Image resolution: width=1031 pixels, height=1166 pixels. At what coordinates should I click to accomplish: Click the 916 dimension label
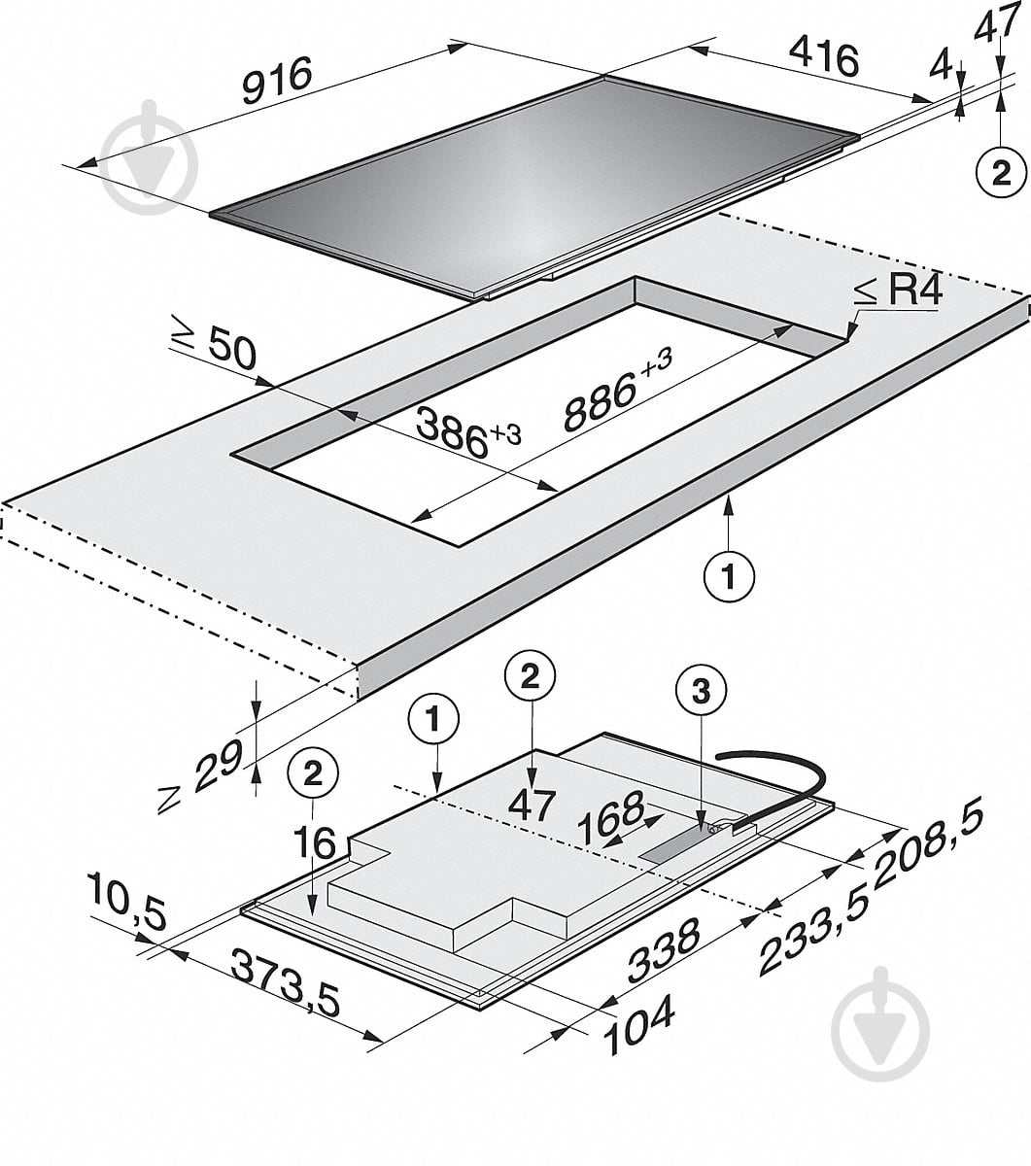(277, 80)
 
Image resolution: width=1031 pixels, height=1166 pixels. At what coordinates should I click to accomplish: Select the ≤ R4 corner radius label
(898, 291)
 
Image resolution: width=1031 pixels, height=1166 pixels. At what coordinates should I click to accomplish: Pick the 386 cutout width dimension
(467, 431)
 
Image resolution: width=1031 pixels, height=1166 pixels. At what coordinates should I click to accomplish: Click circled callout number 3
(701, 693)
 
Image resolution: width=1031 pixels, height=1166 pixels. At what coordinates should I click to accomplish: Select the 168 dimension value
(611, 817)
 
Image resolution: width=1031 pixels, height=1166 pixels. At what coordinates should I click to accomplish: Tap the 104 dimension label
(638, 1033)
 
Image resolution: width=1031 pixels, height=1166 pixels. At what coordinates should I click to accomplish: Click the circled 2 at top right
(1002, 173)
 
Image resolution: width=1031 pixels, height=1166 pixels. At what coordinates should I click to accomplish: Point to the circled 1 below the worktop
(730, 576)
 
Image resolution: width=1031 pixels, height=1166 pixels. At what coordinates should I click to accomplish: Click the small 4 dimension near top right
(942, 67)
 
